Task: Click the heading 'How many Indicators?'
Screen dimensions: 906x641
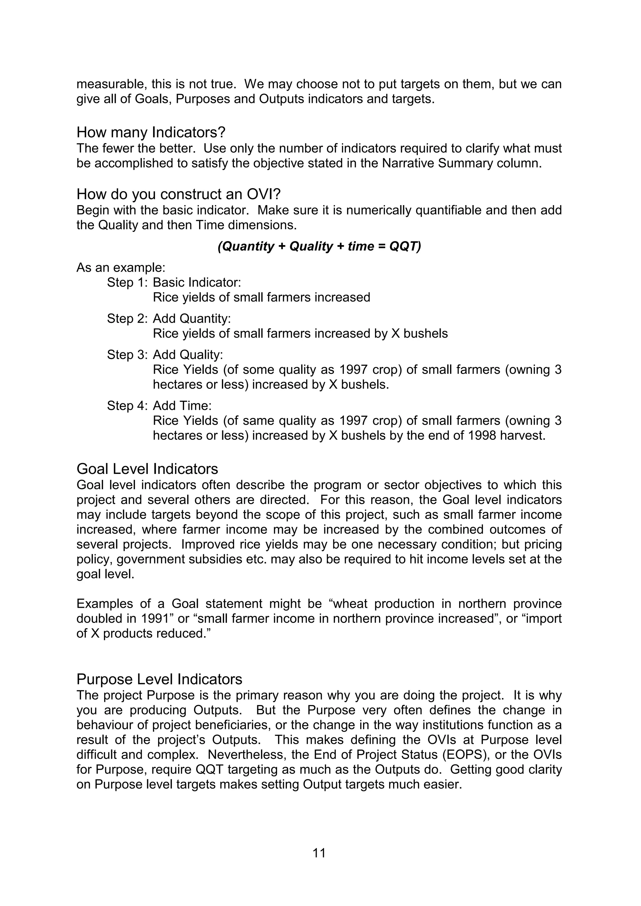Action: [151, 132]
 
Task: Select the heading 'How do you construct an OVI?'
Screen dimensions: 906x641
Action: [178, 194]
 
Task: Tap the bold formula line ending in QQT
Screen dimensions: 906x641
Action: [319, 246]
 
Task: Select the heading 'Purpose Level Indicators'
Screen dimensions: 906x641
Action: [159, 679]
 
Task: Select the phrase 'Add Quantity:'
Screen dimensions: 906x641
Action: [192, 319]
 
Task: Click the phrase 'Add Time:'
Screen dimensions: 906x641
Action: [182, 406]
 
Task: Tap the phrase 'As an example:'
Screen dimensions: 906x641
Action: [121, 268]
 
